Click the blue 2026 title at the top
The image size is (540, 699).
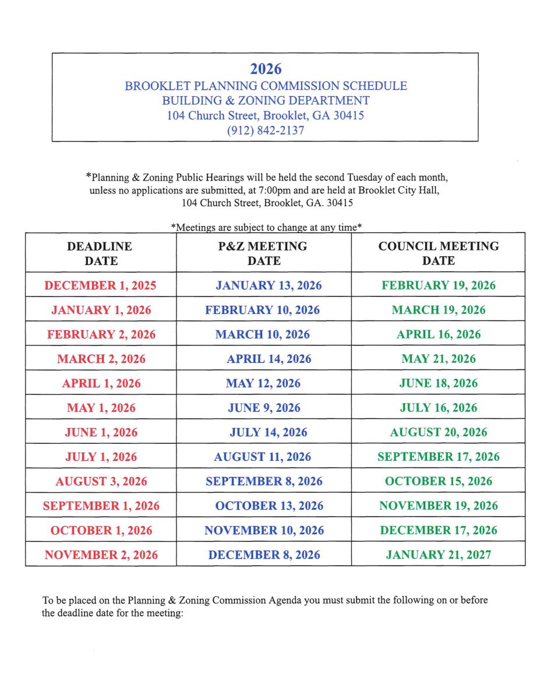click(266, 69)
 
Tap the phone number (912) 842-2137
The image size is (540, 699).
click(266, 130)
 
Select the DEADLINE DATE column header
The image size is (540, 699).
click(100, 253)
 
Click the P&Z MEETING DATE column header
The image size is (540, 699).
click(263, 253)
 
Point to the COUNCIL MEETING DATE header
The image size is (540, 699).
click(438, 253)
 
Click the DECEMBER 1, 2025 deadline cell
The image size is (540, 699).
click(100, 285)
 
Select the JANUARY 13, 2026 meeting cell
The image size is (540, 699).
click(268, 285)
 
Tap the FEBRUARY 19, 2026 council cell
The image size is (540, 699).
click(438, 285)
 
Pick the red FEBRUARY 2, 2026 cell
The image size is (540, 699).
click(101, 334)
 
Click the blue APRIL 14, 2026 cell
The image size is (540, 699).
click(269, 359)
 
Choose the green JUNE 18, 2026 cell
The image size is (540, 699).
click(438, 383)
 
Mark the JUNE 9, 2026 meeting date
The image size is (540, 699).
click(264, 408)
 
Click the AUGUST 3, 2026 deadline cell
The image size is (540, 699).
click(101, 481)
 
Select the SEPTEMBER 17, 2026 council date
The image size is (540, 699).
click(438, 457)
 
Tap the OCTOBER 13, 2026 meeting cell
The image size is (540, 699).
click(269, 506)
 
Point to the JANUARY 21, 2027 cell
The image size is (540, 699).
click(438, 555)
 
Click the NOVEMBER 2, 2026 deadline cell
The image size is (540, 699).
click(101, 555)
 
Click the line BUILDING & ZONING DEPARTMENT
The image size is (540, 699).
click(266, 100)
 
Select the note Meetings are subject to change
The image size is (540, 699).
click(267, 227)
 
